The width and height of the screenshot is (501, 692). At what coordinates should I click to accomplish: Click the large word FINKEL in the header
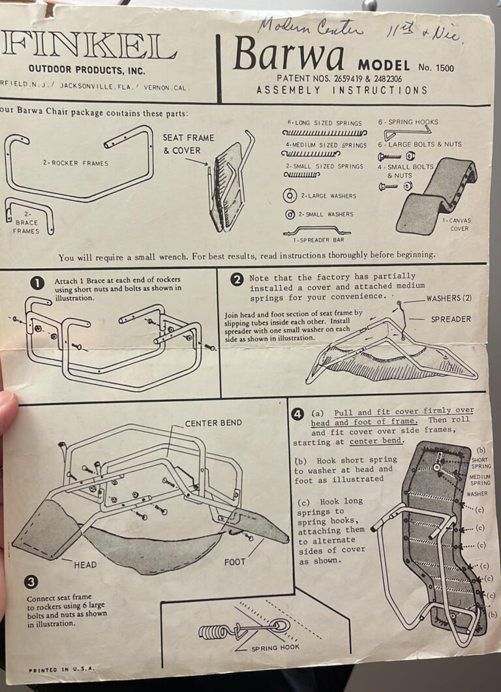88,47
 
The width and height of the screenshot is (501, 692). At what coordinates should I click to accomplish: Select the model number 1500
440,67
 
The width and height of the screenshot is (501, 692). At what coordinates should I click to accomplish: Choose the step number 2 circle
237,279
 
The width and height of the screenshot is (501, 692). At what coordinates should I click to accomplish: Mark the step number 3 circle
31,582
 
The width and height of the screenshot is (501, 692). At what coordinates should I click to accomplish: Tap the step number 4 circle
297,413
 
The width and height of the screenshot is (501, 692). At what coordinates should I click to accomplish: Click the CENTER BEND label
213,423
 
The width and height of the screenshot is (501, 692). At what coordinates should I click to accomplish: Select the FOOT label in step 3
234,562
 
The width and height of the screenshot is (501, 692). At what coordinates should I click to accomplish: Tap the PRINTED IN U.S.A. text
61,669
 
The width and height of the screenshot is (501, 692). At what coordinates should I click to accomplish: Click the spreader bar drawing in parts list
316,230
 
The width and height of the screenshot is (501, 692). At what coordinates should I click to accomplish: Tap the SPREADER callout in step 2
450,319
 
